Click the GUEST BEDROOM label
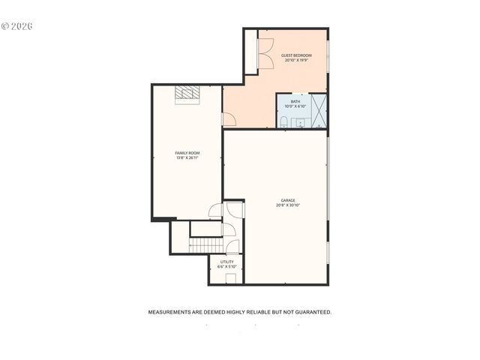click(x=296, y=55)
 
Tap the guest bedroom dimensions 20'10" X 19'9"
click(x=296, y=61)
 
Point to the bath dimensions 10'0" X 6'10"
click(x=295, y=106)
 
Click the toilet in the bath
click(x=284, y=121)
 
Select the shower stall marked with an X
click(x=319, y=110)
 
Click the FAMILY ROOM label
click(x=187, y=153)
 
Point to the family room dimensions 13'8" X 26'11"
click(x=187, y=158)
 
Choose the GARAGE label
click(x=288, y=200)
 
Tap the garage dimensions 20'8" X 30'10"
click(x=288, y=205)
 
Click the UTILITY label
click(x=226, y=262)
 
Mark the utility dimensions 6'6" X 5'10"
click(x=226, y=267)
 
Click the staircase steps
click(x=206, y=245)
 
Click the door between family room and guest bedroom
click(x=229, y=119)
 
